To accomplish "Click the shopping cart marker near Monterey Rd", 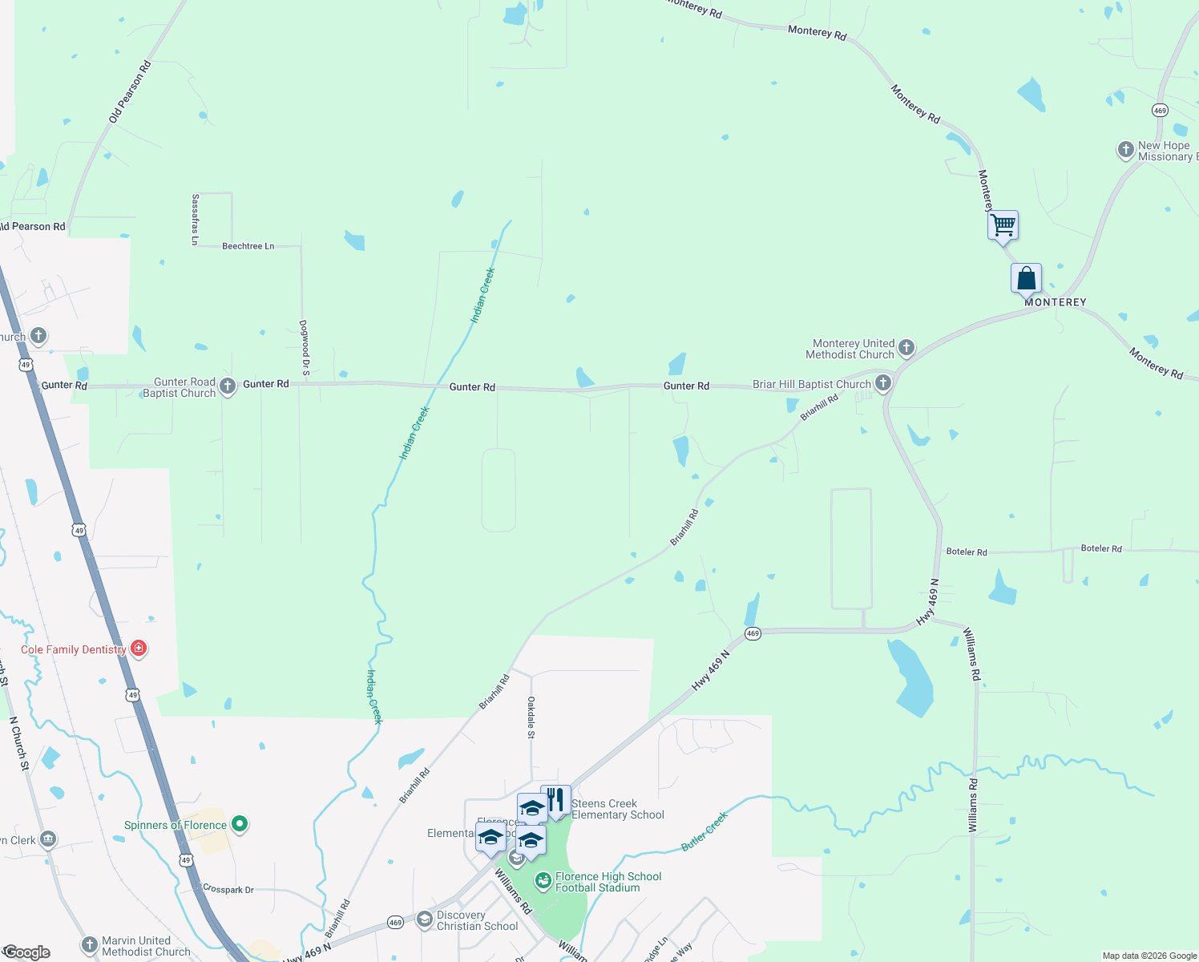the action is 1003,224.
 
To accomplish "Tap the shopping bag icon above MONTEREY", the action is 1026,278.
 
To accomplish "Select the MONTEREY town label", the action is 1055,302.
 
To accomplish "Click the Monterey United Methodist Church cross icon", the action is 906,347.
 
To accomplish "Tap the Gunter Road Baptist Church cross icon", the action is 228,386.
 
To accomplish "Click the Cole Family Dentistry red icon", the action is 139,648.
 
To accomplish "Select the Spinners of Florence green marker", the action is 239,823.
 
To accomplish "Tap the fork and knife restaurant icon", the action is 556,799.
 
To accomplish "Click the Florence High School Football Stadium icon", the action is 543,881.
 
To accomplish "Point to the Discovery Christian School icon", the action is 425,919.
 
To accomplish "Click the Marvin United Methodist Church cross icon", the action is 90,945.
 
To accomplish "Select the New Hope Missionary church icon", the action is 1125,149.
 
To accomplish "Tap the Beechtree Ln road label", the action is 248,246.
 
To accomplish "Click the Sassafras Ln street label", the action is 195,219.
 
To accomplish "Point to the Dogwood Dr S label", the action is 305,348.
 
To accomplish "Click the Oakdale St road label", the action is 531,717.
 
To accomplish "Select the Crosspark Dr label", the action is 228,889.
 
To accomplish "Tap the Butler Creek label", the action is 704,831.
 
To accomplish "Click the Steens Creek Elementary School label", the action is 617,809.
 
